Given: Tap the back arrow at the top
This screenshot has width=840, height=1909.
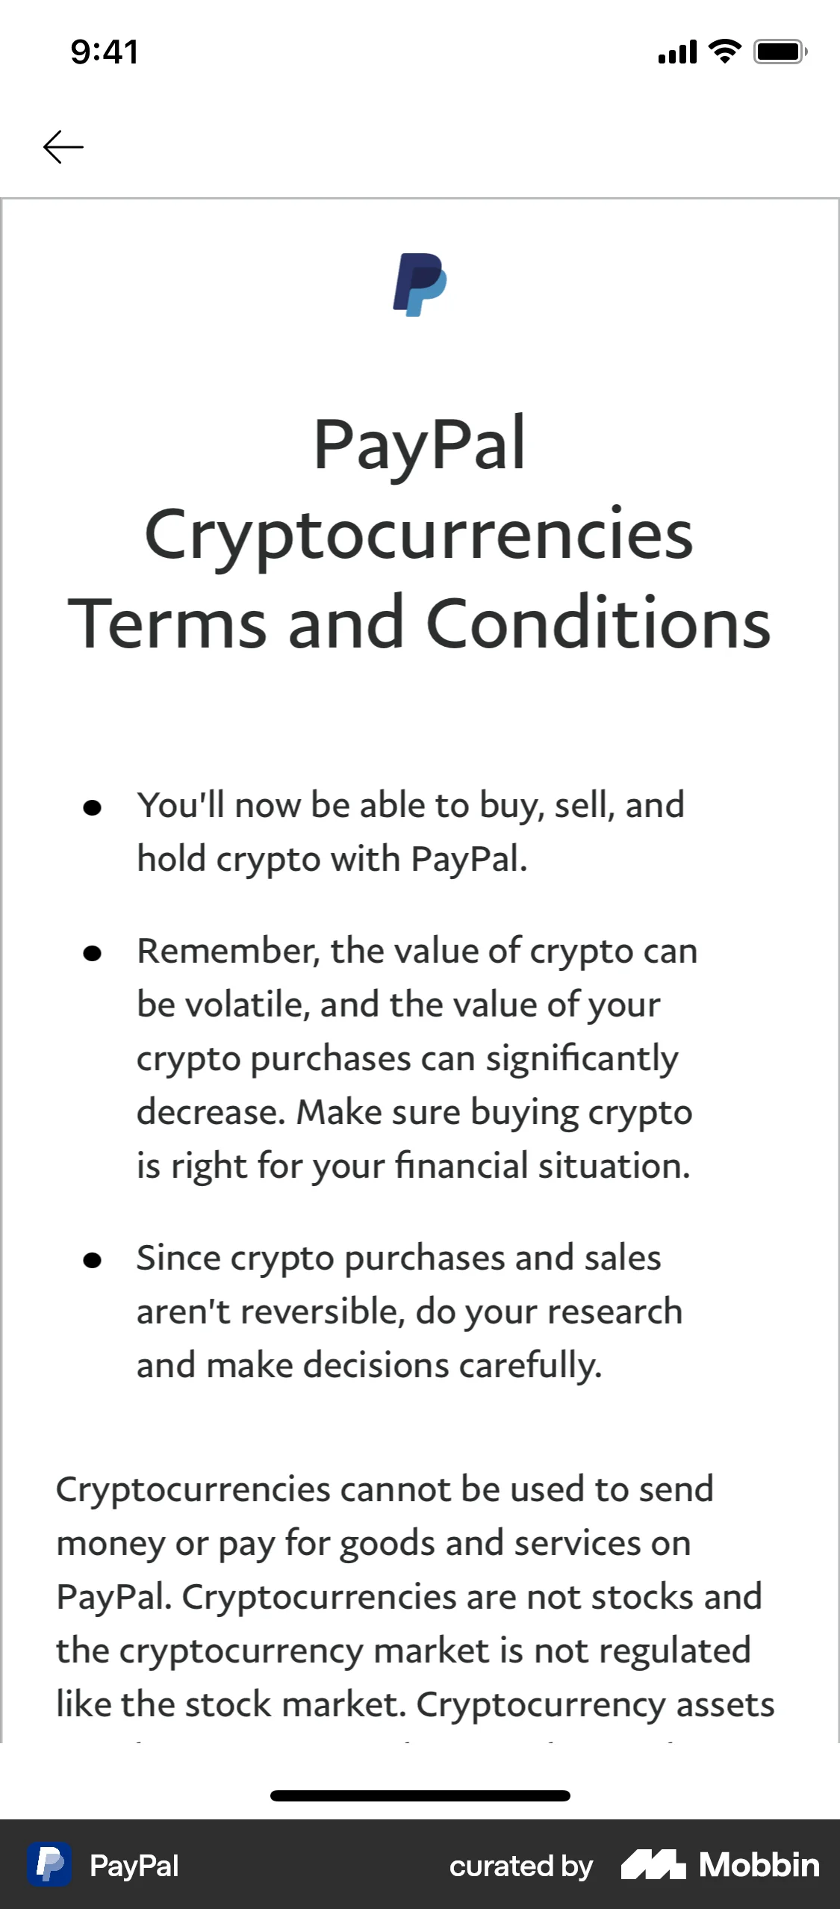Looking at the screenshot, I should pyautogui.click(x=63, y=146).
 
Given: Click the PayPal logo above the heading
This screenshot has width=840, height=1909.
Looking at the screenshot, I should pyautogui.click(x=420, y=285).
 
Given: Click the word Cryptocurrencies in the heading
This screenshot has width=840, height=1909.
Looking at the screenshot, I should pyautogui.click(x=419, y=535).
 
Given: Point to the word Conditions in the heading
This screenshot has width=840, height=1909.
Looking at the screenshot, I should pyautogui.click(x=598, y=624).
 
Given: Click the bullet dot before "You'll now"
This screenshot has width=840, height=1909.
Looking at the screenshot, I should pyautogui.click(x=92, y=807).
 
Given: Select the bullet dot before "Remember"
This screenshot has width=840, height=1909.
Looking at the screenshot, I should pyautogui.click(x=92, y=953).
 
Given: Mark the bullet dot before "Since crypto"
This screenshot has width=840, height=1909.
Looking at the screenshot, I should pyautogui.click(x=92, y=1260).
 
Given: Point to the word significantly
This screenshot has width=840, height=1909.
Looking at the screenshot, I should pyautogui.click(x=582, y=1059).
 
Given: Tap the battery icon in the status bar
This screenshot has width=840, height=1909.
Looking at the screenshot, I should pyautogui.click(x=780, y=52).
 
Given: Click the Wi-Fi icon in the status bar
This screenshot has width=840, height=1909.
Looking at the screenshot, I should pyautogui.click(x=724, y=52).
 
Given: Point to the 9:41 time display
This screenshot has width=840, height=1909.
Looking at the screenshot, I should pyautogui.click(x=105, y=52).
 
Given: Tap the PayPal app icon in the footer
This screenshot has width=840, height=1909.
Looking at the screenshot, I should pyautogui.click(x=50, y=1865).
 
